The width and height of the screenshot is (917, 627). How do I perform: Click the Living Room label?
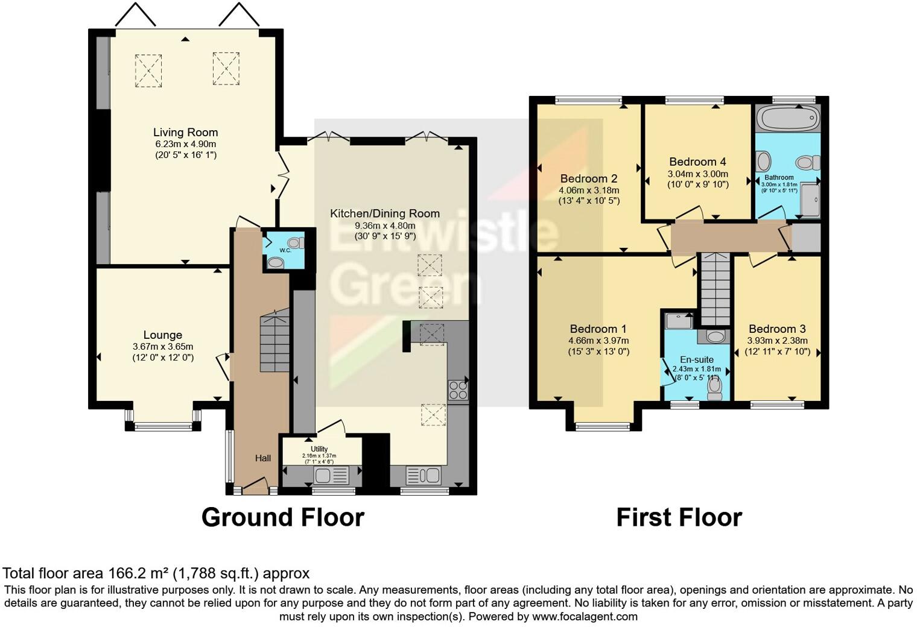(x=185, y=133)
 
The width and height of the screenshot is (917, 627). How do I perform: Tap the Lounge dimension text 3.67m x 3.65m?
(x=163, y=347)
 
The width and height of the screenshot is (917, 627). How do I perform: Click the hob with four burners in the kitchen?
(x=458, y=389)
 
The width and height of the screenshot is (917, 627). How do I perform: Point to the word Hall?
(x=262, y=458)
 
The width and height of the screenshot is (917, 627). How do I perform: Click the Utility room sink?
(x=323, y=475)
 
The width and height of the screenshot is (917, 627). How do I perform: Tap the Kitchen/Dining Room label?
(x=384, y=213)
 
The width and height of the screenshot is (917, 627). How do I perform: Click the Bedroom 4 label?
(x=697, y=162)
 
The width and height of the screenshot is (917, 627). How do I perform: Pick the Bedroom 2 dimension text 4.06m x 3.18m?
(x=588, y=190)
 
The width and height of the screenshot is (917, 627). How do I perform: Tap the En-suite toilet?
(x=715, y=388)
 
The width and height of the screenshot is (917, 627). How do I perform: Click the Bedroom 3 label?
(x=777, y=329)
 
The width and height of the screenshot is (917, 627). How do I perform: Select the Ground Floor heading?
(x=282, y=517)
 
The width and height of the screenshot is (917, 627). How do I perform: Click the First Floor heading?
(x=679, y=517)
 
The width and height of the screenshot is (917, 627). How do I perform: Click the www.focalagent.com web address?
(x=585, y=617)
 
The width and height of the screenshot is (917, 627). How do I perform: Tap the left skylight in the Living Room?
(x=148, y=71)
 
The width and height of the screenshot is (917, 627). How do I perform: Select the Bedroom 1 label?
(x=598, y=329)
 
